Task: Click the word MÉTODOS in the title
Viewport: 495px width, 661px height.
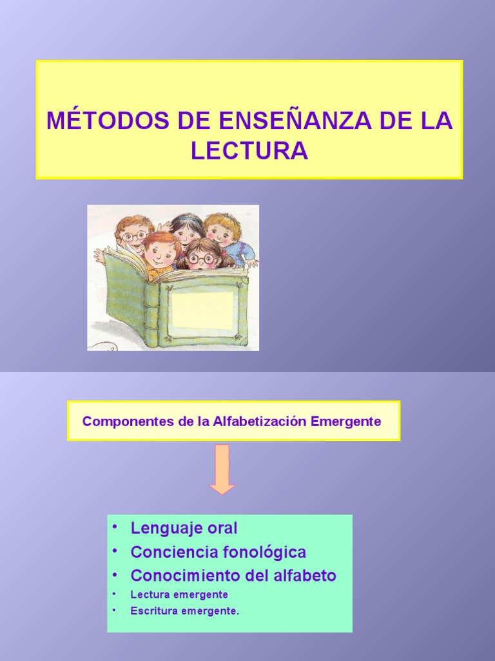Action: [88, 121]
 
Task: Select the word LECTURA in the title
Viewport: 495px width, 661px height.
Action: [249, 150]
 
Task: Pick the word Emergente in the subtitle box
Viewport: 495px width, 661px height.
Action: [346, 422]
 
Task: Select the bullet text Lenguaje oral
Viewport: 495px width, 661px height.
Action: [184, 528]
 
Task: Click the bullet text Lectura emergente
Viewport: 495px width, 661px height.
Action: [179, 595]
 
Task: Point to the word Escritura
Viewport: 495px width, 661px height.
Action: [153, 611]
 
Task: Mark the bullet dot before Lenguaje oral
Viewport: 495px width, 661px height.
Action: [115, 527]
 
